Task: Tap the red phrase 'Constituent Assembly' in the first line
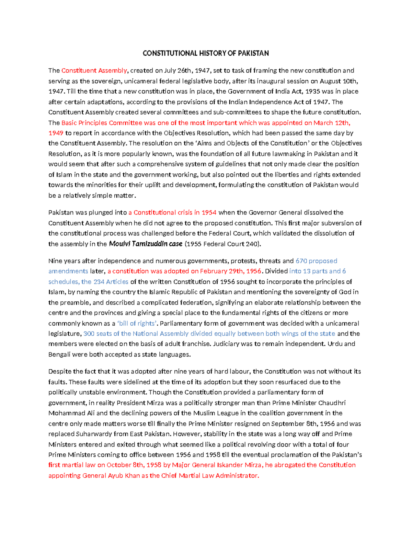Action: point(94,71)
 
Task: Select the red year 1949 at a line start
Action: point(56,133)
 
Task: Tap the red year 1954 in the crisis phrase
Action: point(209,212)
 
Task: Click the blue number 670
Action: point(301,261)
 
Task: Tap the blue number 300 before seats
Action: point(89,334)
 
